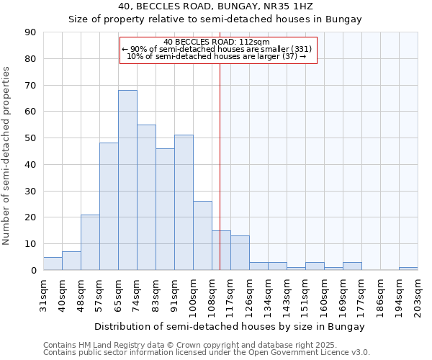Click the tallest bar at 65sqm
coord(127,180)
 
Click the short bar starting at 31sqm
coord(53,264)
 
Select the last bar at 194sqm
coord(408,269)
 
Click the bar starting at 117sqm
coord(240,253)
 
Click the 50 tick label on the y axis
coord(30,138)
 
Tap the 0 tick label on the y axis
coord(33,270)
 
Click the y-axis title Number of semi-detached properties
coord(7,155)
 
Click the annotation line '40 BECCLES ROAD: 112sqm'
coord(217,42)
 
